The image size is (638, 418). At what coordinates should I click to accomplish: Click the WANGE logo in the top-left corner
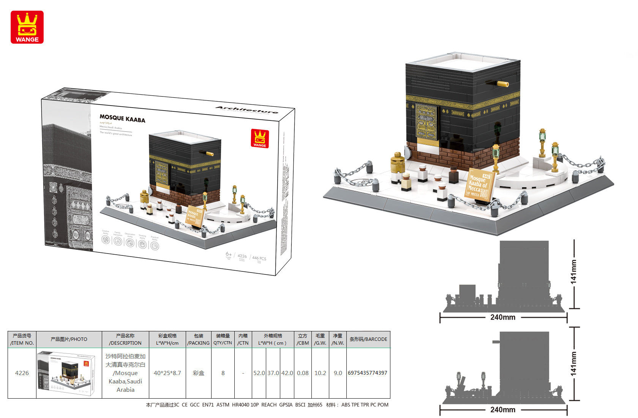pyautogui.click(x=27, y=27)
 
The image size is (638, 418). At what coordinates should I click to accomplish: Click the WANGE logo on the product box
pyautogui.click(x=260, y=138)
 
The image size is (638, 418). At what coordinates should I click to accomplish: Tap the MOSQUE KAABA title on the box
pyautogui.click(x=122, y=119)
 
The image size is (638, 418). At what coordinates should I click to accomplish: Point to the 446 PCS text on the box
pyautogui.click(x=259, y=258)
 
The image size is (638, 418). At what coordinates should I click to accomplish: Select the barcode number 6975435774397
pyautogui.click(x=367, y=373)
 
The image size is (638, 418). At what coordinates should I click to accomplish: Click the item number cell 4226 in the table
pyautogui.click(x=22, y=373)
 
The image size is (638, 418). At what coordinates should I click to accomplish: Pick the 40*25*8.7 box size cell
pyautogui.click(x=167, y=373)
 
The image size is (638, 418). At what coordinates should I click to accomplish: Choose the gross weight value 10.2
pyautogui.click(x=320, y=373)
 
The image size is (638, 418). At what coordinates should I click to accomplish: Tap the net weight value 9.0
pyautogui.click(x=338, y=373)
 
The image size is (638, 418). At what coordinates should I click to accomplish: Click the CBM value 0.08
pyautogui.click(x=303, y=373)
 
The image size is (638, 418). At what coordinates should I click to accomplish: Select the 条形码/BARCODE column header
pyautogui.click(x=368, y=339)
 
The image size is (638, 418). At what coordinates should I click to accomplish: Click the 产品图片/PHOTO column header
pyautogui.click(x=69, y=339)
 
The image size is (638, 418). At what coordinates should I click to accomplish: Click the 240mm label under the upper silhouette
pyautogui.click(x=502, y=317)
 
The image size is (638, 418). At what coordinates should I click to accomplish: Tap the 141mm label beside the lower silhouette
pyautogui.click(x=573, y=364)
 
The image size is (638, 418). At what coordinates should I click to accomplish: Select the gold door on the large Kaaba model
pyautogui.click(x=426, y=122)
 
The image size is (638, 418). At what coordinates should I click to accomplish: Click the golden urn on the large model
pyautogui.click(x=397, y=163)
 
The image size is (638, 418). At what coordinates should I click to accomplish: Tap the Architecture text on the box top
pyautogui.click(x=247, y=110)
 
